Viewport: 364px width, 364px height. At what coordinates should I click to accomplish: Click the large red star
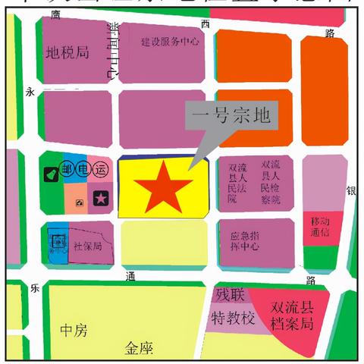click(x=160, y=187)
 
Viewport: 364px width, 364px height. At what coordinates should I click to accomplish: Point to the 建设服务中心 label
click(x=170, y=42)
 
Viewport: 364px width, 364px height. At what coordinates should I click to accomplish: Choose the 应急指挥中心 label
click(x=245, y=241)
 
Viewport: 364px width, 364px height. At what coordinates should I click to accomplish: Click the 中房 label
click(x=74, y=331)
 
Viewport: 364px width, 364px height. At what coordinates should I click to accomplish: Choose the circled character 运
click(x=102, y=170)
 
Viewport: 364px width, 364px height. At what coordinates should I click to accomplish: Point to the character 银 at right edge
click(x=351, y=191)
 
